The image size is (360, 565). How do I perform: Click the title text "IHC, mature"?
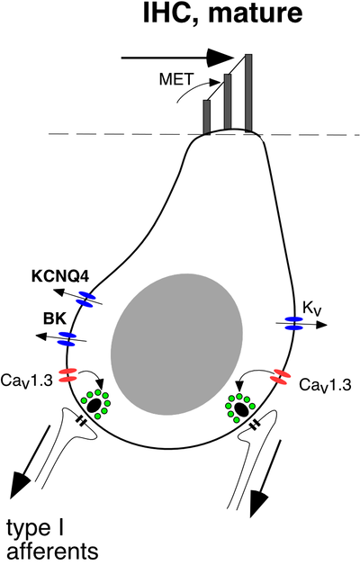(222, 13)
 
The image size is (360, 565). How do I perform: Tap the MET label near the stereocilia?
(176, 79)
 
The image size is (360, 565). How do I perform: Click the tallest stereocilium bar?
(248, 93)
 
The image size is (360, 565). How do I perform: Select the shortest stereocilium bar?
(207, 117)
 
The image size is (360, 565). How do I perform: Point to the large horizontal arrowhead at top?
(220, 58)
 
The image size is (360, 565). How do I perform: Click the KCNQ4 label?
(60, 277)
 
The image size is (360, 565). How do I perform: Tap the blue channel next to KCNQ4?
(85, 300)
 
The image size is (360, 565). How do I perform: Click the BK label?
(55, 318)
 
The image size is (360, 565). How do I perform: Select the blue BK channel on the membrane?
(67, 338)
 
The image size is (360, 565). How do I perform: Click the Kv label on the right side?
(312, 309)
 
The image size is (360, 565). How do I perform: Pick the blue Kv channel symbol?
(294, 323)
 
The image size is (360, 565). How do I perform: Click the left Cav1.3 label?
(27, 380)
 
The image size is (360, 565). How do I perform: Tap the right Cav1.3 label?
(325, 385)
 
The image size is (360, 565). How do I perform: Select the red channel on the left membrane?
(67, 375)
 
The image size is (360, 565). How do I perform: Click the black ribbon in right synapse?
(241, 408)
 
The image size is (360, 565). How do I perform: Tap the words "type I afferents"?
(52, 540)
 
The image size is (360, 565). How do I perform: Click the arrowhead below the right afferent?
(259, 503)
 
